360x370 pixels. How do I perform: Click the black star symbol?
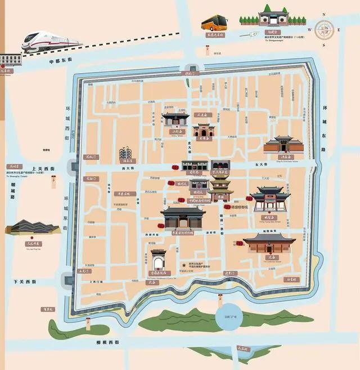point(183,266)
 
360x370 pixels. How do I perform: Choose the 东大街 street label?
point(259,164)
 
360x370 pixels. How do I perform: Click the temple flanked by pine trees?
point(273,16)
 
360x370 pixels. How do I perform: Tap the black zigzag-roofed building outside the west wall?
point(31,226)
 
